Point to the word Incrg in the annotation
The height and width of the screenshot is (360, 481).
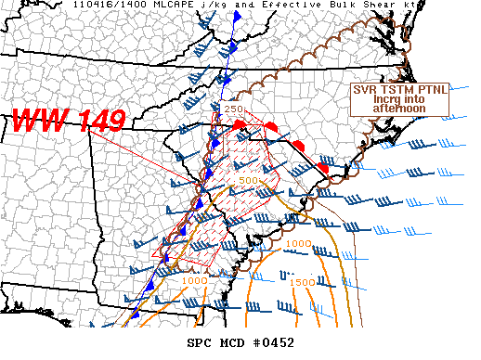click(386, 99)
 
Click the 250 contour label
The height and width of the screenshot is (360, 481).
click(233, 109)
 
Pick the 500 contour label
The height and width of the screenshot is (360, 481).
click(248, 180)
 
